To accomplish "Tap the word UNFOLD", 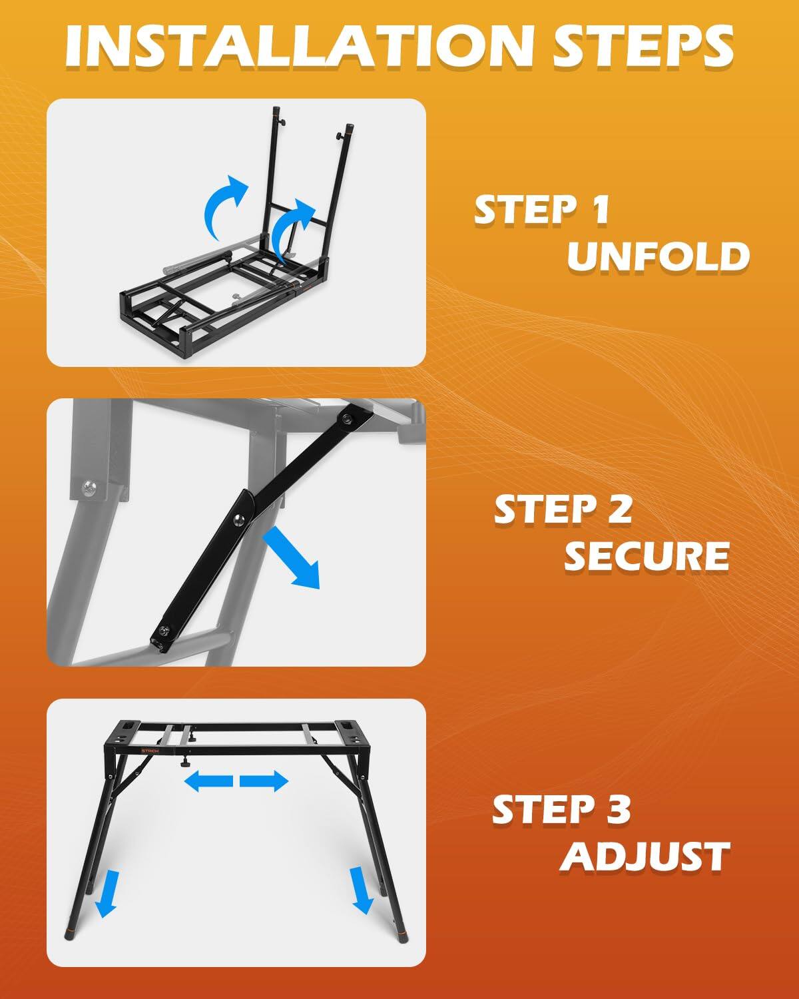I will (658, 256).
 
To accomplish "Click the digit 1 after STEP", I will (599, 210).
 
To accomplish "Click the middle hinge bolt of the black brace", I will (238, 520).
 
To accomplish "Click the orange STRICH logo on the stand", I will (150, 750).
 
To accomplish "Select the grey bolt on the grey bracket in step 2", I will (88, 486).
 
